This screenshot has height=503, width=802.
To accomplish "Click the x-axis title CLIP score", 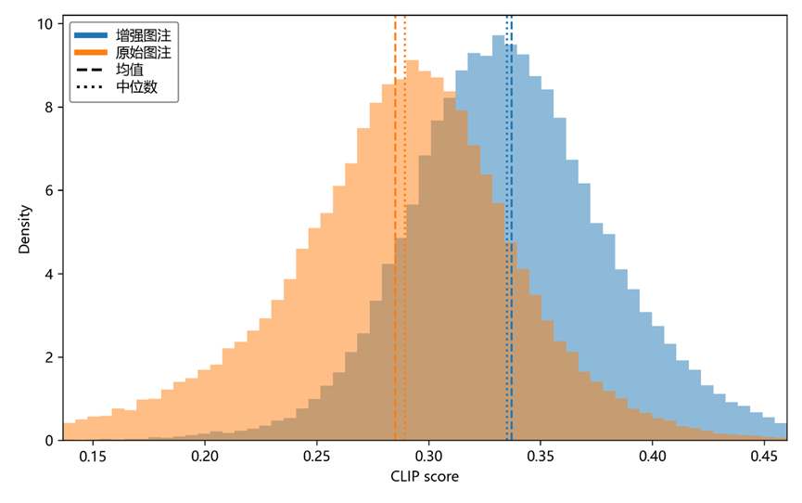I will pyautogui.click(x=425, y=478).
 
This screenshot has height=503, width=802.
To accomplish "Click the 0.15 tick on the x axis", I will pyautogui.click(x=92, y=457).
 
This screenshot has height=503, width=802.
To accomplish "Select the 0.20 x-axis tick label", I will pyautogui.click(x=204, y=457).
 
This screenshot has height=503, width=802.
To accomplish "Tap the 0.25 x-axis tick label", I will pyautogui.click(x=316, y=457).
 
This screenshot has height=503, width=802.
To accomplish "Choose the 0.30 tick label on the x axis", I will pyautogui.click(x=428, y=457).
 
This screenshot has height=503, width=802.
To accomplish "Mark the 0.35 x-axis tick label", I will pyautogui.click(x=541, y=457).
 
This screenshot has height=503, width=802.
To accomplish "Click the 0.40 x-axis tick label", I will pyautogui.click(x=653, y=457).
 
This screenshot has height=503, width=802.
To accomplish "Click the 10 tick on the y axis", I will pyautogui.click(x=45, y=23).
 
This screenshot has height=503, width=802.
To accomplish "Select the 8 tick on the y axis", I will pyautogui.click(x=49, y=107).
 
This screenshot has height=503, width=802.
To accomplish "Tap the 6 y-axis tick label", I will pyautogui.click(x=49, y=190).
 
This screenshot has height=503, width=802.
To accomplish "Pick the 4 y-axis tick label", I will pyautogui.click(x=49, y=274).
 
